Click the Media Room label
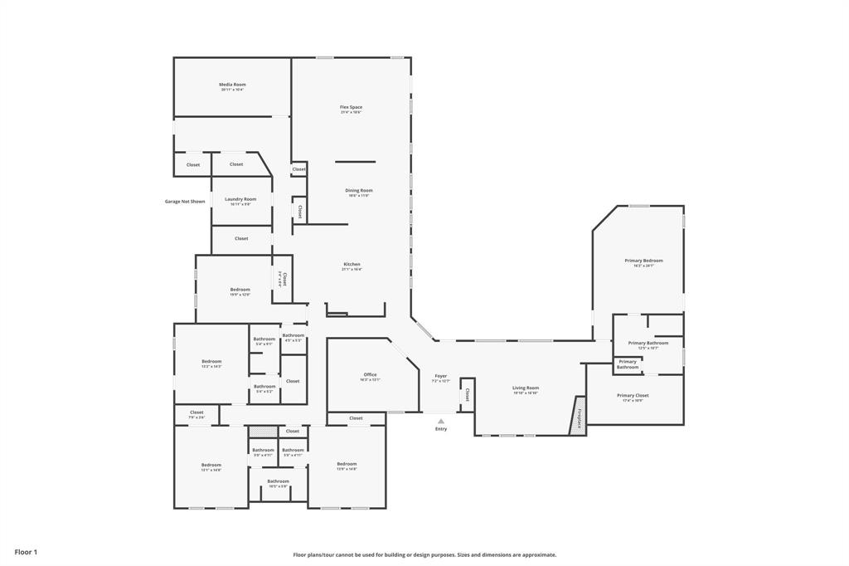click(x=232, y=85)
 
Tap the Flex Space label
click(x=351, y=108)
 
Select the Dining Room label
click(x=359, y=192)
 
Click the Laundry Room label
click(x=240, y=200)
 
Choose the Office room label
click(x=370, y=376)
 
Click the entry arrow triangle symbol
click(x=441, y=421)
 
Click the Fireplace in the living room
click(x=578, y=416)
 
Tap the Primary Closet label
click(x=633, y=397)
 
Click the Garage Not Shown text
click(x=185, y=201)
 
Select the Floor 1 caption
click(x=26, y=552)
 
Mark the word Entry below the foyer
click(x=441, y=429)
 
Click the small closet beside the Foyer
click(x=467, y=394)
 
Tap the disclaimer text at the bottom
click(x=424, y=555)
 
